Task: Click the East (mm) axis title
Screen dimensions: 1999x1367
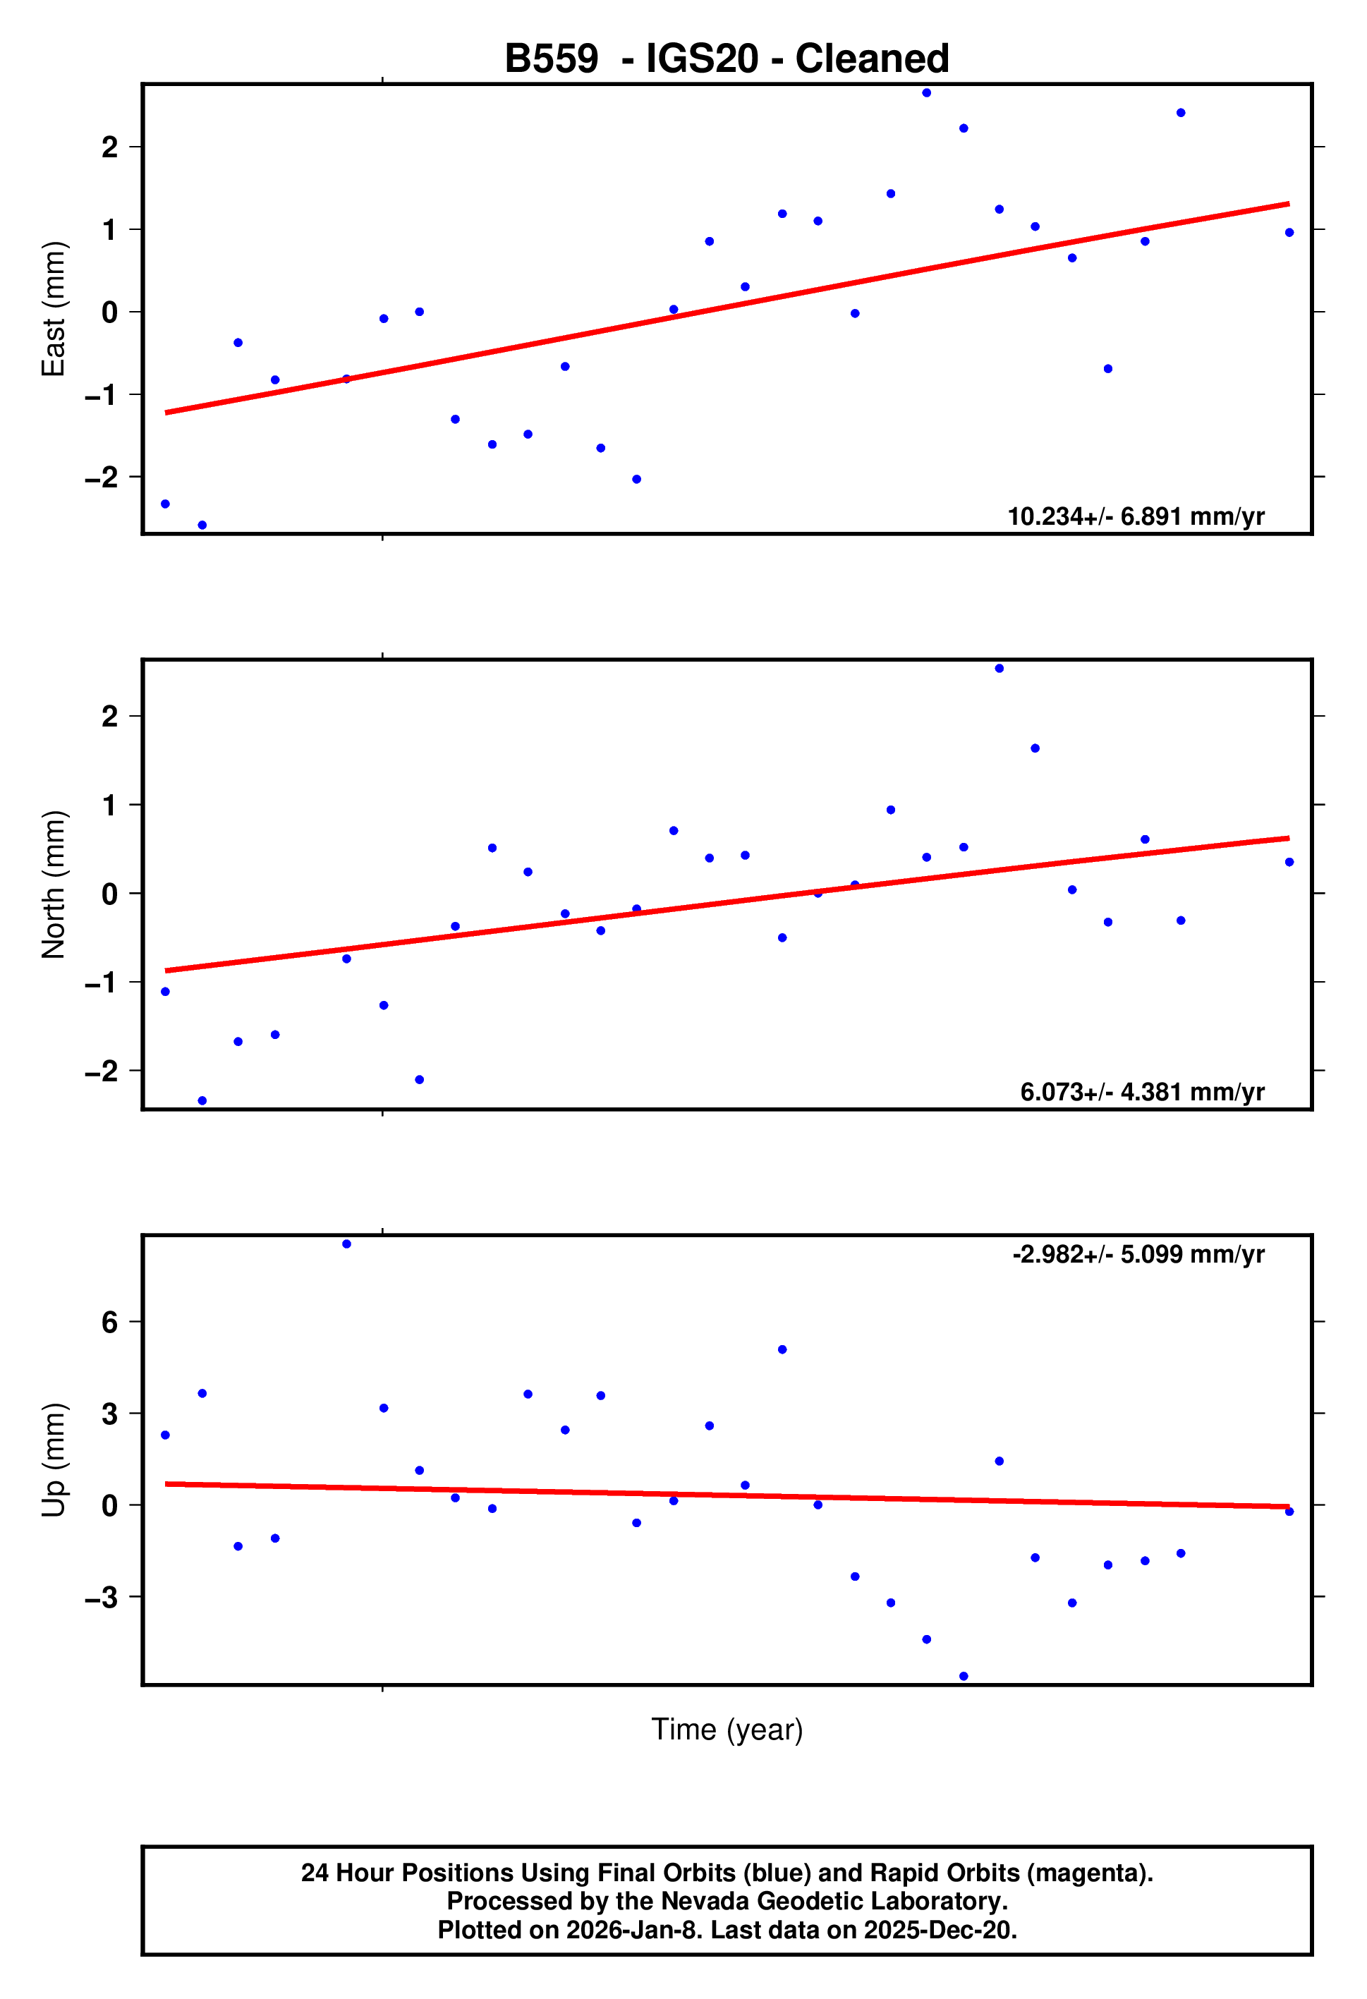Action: point(54,309)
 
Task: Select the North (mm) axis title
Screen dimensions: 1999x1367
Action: point(54,885)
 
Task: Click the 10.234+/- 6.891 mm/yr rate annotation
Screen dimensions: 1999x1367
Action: point(1135,516)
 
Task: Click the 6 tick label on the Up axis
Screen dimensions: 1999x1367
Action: point(109,1322)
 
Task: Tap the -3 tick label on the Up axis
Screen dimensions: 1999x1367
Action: point(102,1598)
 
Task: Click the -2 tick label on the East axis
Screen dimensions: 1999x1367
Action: point(102,478)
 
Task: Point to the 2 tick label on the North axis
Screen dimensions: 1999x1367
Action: point(109,716)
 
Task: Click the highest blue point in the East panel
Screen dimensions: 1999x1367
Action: point(927,93)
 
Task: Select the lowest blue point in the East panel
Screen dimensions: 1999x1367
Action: point(202,525)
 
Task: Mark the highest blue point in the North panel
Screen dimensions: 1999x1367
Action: point(999,669)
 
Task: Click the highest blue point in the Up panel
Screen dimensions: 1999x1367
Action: point(347,1244)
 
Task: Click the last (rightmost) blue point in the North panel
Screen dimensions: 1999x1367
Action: point(1289,862)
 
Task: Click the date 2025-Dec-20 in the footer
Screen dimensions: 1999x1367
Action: point(940,1929)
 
